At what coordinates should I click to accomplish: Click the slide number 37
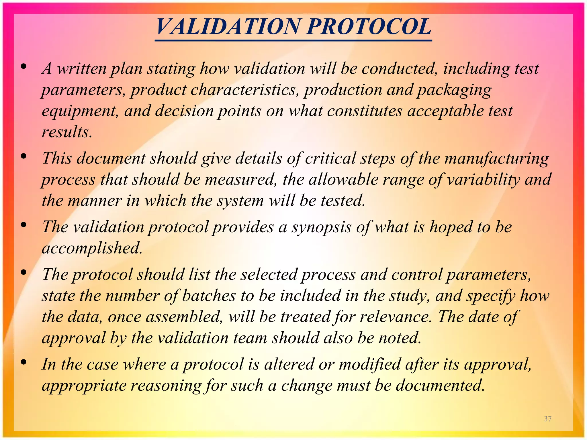548,419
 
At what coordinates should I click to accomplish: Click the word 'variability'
483,180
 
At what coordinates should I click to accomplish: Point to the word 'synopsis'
321,227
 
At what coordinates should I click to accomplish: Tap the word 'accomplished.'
92,248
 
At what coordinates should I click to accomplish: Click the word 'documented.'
440,386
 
